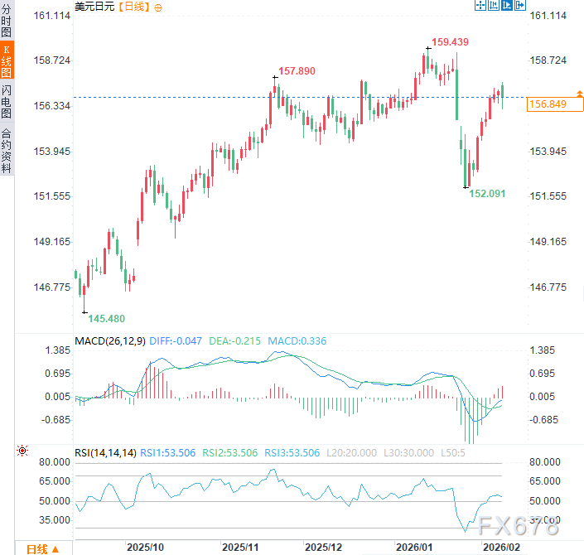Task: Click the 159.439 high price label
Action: click(x=451, y=42)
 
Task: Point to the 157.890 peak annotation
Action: click(x=297, y=71)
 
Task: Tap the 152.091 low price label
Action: click(x=487, y=193)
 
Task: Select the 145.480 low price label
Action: click(x=107, y=319)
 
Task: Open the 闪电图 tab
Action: click(x=7, y=102)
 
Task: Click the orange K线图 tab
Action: click(x=7, y=62)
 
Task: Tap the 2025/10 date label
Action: click(x=145, y=548)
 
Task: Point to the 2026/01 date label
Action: click(x=414, y=548)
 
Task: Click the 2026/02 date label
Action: click(x=501, y=548)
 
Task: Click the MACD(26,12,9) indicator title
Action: click(x=110, y=340)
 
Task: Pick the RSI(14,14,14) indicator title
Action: click(x=105, y=453)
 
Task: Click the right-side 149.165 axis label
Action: click(x=547, y=242)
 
